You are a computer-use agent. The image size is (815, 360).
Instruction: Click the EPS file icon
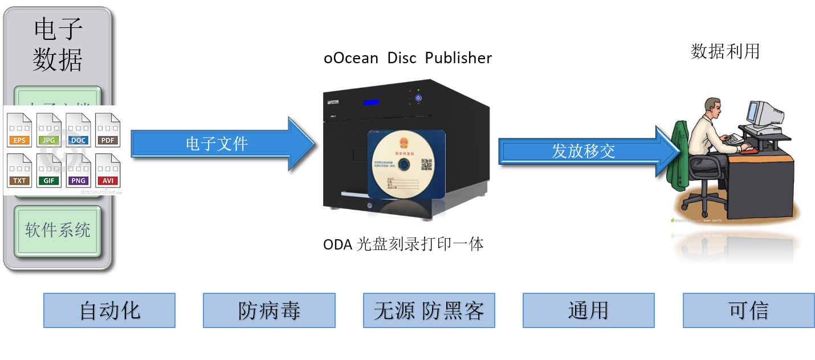(x=19, y=130)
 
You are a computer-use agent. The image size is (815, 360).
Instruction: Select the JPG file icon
(x=49, y=130)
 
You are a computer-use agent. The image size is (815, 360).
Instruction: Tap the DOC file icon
(x=78, y=130)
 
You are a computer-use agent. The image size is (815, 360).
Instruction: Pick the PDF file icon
(x=108, y=130)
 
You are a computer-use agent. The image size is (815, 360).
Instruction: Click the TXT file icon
(x=19, y=170)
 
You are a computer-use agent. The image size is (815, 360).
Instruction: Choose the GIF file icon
(x=49, y=170)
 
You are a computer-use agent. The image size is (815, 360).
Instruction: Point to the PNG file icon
(x=78, y=170)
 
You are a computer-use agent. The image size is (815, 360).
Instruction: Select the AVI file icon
(x=108, y=170)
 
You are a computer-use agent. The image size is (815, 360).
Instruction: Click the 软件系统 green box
(x=58, y=230)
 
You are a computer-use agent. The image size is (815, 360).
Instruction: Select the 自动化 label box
(x=109, y=310)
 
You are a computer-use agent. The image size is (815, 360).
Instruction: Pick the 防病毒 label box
(x=269, y=310)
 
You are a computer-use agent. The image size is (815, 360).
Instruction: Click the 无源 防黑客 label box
(x=429, y=310)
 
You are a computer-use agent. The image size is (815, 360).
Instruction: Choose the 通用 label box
(x=588, y=310)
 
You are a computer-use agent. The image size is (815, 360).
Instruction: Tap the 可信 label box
(x=748, y=310)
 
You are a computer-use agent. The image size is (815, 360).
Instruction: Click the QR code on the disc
(x=426, y=165)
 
